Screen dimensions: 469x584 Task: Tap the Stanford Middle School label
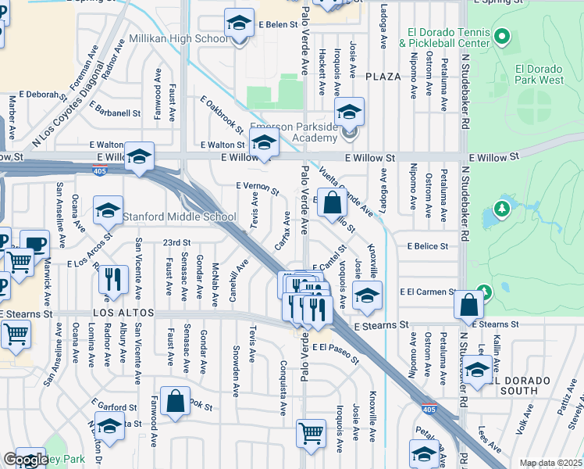pos(179,217)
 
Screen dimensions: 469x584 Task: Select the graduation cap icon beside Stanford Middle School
pos(108,209)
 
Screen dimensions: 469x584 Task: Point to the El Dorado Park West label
pos(539,73)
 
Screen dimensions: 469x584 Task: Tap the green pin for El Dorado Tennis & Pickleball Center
pos(502,37)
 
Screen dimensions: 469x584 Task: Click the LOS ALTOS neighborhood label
pos(119,313)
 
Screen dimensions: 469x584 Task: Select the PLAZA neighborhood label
pos(383,76)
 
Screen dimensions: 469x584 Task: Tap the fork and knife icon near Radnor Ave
pos(113,279)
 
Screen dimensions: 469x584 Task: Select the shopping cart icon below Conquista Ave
pos(311,432)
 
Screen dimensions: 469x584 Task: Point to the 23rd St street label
pos(176,242)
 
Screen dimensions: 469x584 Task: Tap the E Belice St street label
pos(427,246)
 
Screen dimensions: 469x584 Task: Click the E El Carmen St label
pos(427,292)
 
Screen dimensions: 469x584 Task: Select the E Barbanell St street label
pos(115,109)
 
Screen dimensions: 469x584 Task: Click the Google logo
pos(26,460)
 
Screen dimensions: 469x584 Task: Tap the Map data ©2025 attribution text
pos(550,463)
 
